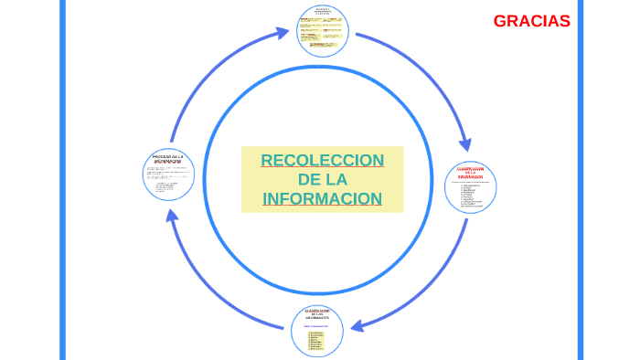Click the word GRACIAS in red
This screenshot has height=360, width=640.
531,21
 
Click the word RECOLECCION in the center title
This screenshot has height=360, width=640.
322,161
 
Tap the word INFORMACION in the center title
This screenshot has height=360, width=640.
322,198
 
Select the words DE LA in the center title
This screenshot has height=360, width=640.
322,179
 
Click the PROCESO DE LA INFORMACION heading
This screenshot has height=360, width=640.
168,158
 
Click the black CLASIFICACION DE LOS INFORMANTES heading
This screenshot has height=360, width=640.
316,315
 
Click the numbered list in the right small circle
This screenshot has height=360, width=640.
472,196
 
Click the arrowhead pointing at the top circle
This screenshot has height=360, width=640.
283,33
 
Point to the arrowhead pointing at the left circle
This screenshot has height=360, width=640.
170,216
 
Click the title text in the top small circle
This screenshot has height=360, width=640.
323,11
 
